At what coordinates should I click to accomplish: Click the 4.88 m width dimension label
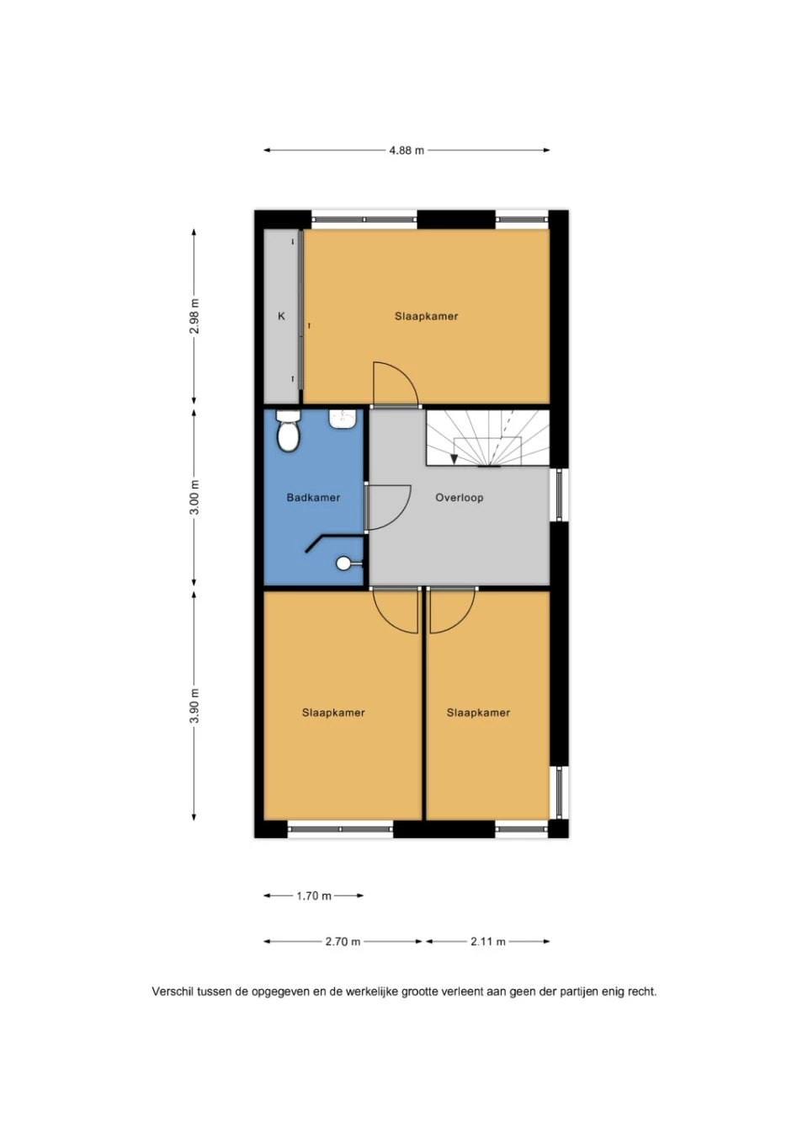click(x=407, y=150)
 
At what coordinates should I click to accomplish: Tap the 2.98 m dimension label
click(x=194, y=316)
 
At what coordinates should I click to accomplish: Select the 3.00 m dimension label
click(x=194, y=497)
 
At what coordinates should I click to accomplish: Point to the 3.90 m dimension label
click(x=194, y=706)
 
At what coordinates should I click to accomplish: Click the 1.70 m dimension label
click(x=314, y=895)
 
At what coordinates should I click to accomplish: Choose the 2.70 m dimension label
click(x=343, y=941)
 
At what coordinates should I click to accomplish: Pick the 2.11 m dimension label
click(x=488, y=941)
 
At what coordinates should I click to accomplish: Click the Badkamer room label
click(x=313, y=498)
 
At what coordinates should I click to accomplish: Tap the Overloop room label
click(x=460, y=498)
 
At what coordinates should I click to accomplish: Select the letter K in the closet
click(x=282, y=317)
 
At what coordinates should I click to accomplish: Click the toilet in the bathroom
click(x=288, y=430)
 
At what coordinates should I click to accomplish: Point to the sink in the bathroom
click(x=342, y=418)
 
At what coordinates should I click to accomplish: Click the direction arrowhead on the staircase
click(x=454, y=459)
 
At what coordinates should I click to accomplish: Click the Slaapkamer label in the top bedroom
click(x=427, y=317)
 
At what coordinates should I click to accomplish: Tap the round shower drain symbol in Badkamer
click(x=343, y=564)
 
